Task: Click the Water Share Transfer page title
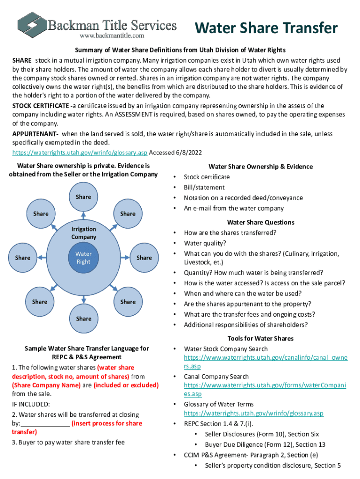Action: [x=266, y=28]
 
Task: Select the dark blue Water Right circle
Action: [x=84, y=258]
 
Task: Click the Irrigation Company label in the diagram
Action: [x=84, y=233]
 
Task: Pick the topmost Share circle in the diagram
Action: [x=83, y=197]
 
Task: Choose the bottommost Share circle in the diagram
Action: [x=84, y=319]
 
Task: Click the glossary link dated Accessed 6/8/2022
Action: [x=79, y=152]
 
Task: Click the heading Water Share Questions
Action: [x=260, y=222]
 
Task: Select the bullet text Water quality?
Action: [x=205, y=243]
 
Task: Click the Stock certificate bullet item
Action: [x=207, y=177]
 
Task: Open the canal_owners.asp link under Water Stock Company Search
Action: [x=265, y=358]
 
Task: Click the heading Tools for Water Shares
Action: [x=260, y=338]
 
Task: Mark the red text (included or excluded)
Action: [x=126, y=385]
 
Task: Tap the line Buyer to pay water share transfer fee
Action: [x=68, y=442]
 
